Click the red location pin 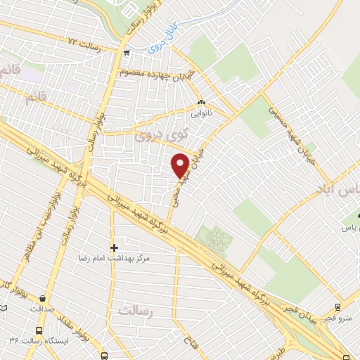[181, 166]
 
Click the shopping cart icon [126, 53]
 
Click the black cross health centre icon [114, 247]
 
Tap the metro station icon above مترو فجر [338, 307]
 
